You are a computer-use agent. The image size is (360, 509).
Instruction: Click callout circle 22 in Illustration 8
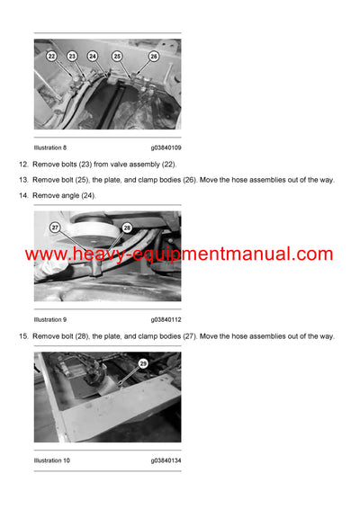coord(51,56)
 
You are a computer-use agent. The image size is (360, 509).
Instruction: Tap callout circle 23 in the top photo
coord(72,56)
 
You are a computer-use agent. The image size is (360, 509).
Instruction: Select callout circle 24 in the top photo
coord(93,56)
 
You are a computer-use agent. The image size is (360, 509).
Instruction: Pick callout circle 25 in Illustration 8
coord(117,56)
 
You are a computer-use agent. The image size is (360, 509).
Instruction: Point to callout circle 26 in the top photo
coord(153,56)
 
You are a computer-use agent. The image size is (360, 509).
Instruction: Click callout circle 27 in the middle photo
coord(55,228)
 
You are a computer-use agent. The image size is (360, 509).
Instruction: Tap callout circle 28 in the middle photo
coord(127,228)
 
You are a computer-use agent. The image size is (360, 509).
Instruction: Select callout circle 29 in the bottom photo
coord(143,363)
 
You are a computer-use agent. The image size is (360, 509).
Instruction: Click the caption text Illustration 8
coord(50,147)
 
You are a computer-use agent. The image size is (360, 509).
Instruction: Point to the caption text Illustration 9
coord(50,319)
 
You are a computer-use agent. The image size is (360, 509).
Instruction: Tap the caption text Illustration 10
coord(52,460)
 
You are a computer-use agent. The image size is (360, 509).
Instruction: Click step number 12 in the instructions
coord(22,165)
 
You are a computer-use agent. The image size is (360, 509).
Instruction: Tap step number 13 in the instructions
coord(22,180)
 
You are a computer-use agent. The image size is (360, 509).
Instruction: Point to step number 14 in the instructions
coord(22,195)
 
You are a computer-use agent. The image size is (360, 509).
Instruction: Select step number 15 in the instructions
coord(22,336)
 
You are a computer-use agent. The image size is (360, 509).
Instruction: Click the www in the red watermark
coord(42,254)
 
